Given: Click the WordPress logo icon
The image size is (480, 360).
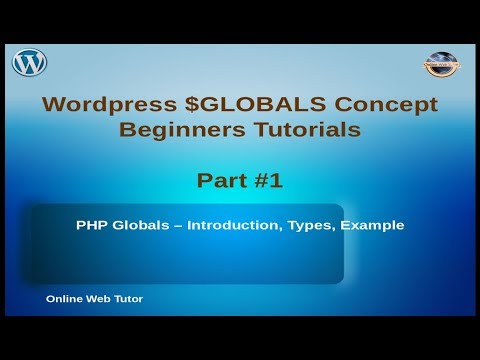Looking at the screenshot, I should (x=29, y=63).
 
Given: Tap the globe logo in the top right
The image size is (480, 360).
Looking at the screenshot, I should (x=440, y=63).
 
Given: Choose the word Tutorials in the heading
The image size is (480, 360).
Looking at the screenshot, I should (x=296, y=129).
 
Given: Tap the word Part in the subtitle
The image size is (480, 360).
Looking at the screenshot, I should (x=220, y=180).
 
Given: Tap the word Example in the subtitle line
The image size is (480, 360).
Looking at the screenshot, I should (x=373, y=225).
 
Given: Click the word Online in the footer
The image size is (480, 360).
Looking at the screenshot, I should (x=63, y=299).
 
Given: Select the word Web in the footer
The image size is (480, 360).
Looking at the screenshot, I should (x=98, y=299).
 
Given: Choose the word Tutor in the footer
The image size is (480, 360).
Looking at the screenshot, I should (x=128, y=299).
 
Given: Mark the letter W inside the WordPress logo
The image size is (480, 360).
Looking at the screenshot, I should (x=29, y=63).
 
